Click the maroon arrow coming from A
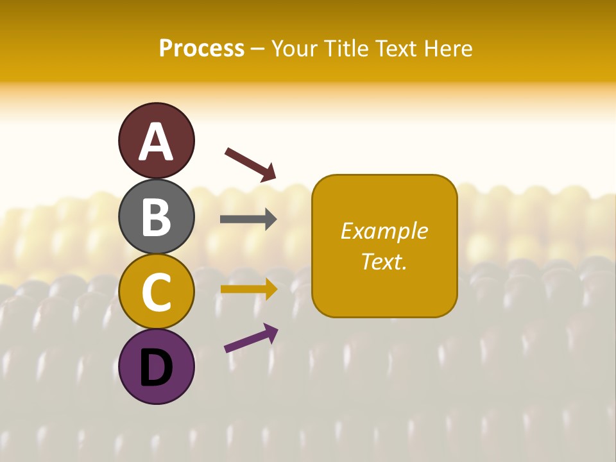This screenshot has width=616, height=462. (x=250, y=164)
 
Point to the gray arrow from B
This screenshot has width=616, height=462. (x=248, y=219)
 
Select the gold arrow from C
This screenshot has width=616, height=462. (x=248, y=289)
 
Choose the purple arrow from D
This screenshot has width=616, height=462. (x=251, y=338)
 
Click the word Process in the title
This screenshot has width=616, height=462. (x=201, y=49)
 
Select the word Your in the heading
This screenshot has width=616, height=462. (x=295, y=49)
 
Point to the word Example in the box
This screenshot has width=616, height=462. (x=384, y=231)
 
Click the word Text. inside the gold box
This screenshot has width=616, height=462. (x=384, y=261)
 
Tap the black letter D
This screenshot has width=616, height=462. (x=156, y=368)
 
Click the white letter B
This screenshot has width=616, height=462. (x=156, y=217)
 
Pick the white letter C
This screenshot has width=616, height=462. (x=156, y=292)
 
